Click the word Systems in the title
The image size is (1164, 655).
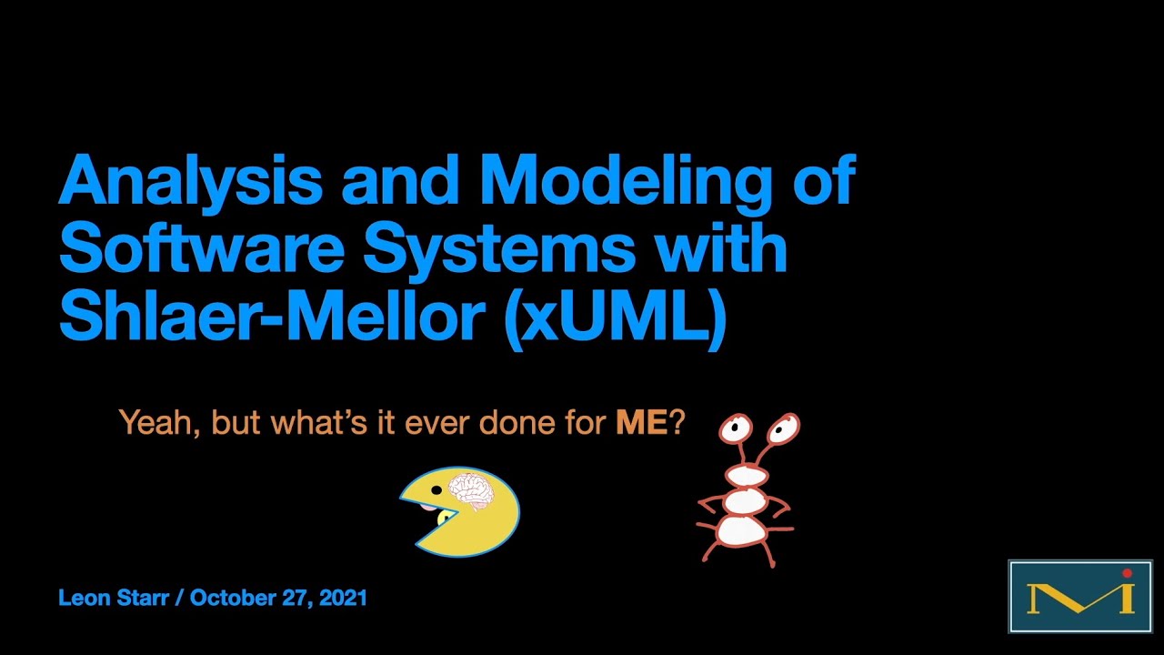coord(495,248)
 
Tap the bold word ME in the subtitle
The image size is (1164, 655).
coord(641,423)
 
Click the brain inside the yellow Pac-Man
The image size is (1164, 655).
coord(471,491)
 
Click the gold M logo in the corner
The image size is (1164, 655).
coord(1073,597)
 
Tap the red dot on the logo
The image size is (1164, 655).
coord(1128,574)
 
